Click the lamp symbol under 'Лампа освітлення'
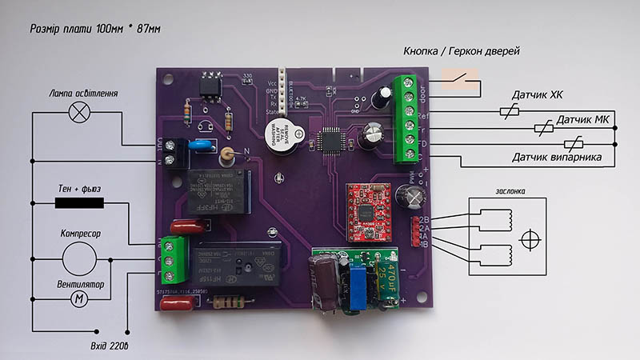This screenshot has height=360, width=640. click(x=79, y=112)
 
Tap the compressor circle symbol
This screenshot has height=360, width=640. click(x=80, y=258)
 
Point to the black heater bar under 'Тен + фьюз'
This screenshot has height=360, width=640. click(x=79, y=202)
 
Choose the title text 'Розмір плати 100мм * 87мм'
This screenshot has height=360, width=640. click(x=94, y=29)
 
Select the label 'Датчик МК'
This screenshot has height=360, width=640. click(x=584, y=120)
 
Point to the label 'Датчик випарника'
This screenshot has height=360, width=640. click(x=557, y=157)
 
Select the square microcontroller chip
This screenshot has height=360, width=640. click(x=330, y=140)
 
